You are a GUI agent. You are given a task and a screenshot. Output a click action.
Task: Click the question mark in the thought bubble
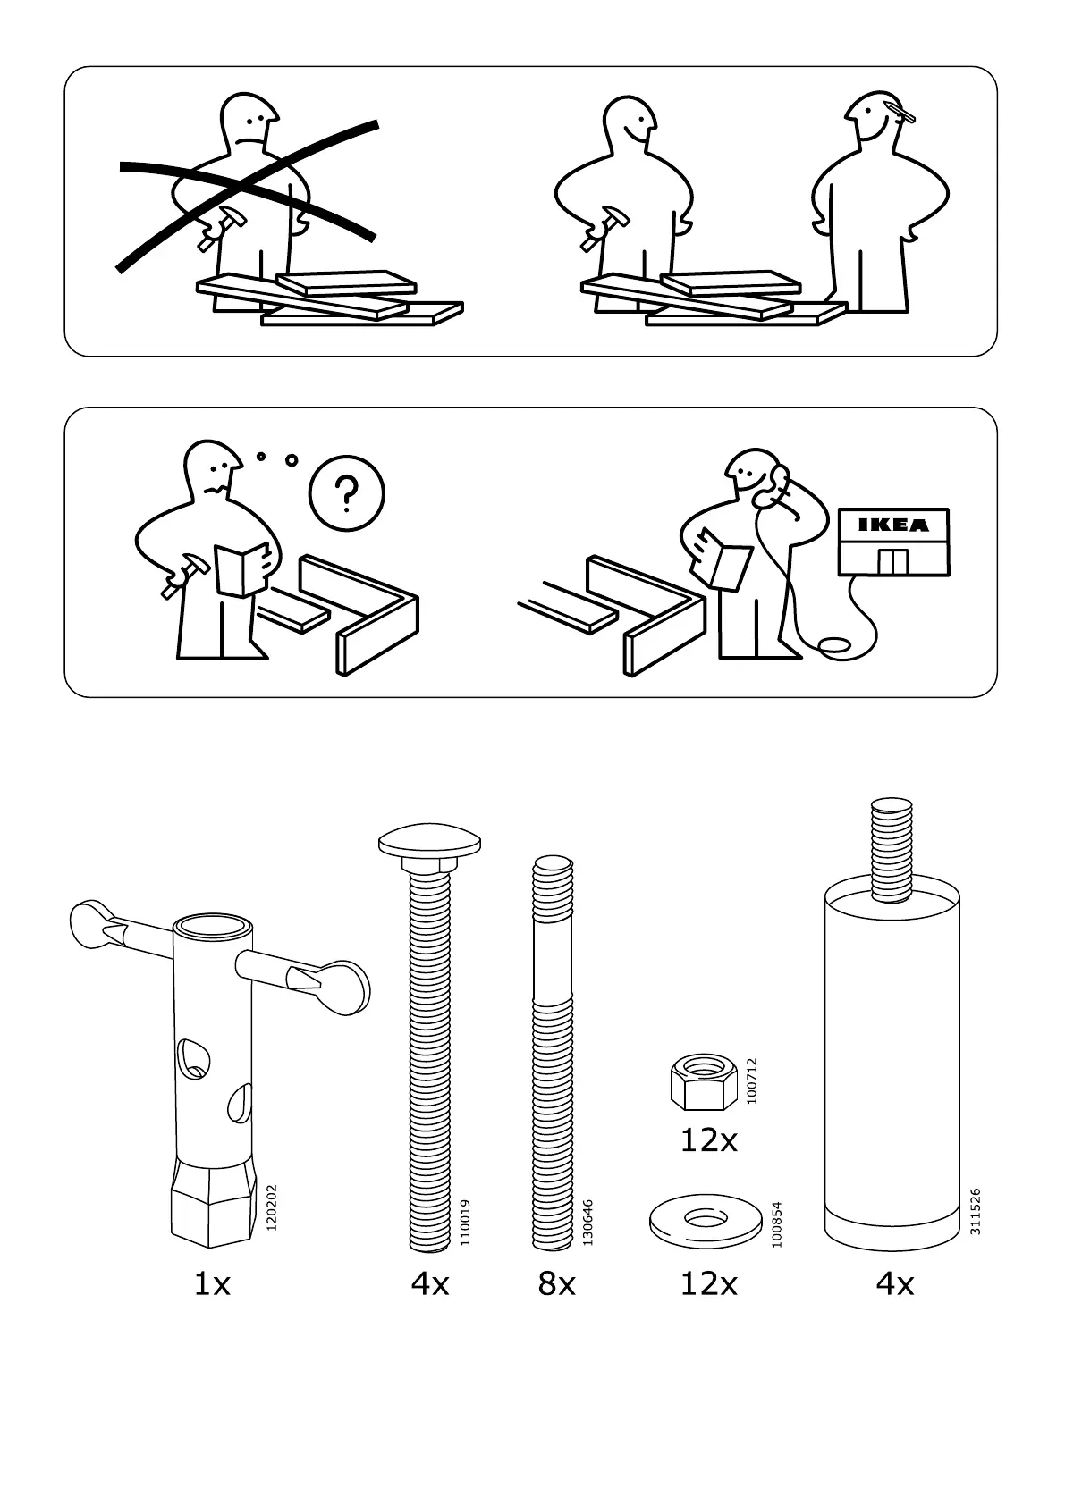pos(346,492)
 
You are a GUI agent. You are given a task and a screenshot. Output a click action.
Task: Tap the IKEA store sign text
pos(893,525)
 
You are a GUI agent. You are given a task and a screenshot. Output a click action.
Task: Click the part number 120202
pos(272,1207)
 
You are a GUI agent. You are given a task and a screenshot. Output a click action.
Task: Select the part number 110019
pos(463,1222)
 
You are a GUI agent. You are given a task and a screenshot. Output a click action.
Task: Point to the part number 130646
pos(587,1222)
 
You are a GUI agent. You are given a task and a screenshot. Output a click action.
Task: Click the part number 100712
pos(751,1080)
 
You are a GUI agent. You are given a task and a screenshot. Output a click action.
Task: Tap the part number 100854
pos(776,1223)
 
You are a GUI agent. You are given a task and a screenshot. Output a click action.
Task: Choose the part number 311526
pos(976,1211)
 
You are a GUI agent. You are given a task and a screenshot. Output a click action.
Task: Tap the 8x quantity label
pos(556,1284)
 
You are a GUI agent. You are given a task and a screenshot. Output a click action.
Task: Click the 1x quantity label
pos(213,1284)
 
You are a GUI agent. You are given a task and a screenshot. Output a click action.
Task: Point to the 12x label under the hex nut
pos(709,1140)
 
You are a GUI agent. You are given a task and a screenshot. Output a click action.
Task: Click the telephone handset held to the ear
pos(775,483)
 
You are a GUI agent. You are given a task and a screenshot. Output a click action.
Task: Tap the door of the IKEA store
pos(892,562)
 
